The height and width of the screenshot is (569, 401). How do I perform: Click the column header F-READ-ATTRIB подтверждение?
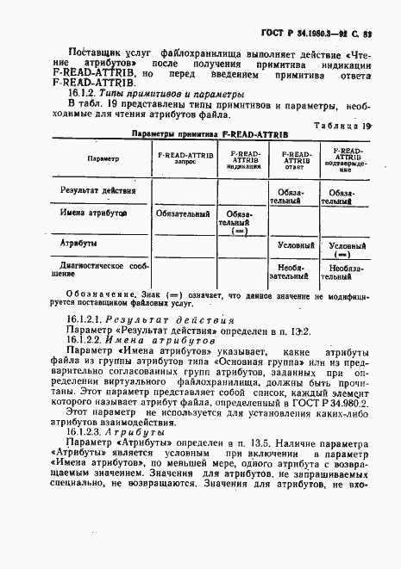coord(346,161)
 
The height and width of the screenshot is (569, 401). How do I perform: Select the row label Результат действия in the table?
coord(97,189)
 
